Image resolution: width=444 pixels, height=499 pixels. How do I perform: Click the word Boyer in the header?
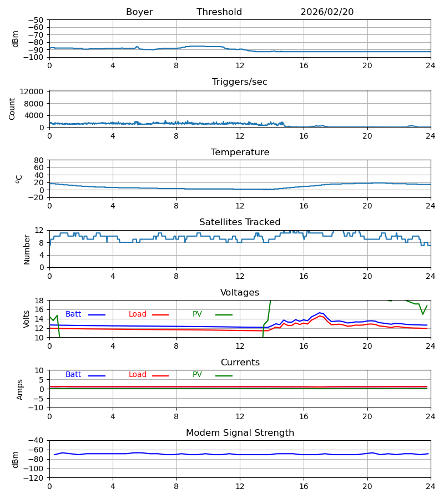click(139, 12)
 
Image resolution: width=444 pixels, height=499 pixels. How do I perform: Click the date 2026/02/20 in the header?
click(327, 12)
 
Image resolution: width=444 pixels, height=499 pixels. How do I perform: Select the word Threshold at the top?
click(219, 12)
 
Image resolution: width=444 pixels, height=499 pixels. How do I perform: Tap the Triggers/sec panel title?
click(240, 82)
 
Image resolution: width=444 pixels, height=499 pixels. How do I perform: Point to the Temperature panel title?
click(240, 152)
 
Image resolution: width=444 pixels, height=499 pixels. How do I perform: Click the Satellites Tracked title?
click(240, 222)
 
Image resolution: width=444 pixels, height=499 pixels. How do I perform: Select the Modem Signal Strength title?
click(240, 433)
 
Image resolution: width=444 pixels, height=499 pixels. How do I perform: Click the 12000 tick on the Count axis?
click(33, 91)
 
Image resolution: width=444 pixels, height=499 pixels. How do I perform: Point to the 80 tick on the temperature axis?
click(39, 160)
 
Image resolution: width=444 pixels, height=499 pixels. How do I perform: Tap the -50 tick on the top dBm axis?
click(36, 20)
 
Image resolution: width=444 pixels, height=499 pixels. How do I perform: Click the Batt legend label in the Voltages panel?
click(73, 314)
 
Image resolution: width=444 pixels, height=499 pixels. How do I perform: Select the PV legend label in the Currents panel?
click(197, 375)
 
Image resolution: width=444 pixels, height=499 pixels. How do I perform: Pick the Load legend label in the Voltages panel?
click(138, 314)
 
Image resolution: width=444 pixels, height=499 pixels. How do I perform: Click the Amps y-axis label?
click(20, 389)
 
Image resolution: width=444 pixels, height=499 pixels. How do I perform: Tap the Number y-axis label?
click(27, 249)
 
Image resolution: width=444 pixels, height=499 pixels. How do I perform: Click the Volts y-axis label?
click(27, 319)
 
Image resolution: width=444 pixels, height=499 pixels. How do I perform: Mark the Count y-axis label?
click(12, 109)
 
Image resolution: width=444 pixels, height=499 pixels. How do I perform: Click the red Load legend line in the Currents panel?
click(160, 376)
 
